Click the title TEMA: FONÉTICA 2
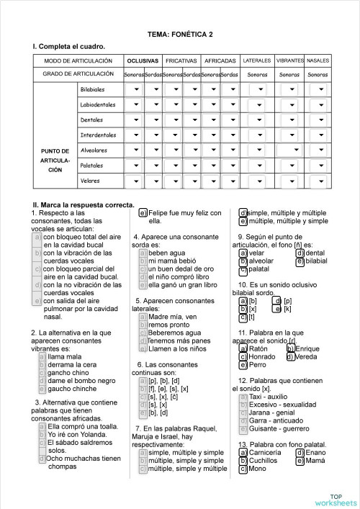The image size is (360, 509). [179, 34]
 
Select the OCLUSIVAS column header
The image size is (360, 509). [143, 60]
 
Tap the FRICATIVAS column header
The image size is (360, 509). [181, 60]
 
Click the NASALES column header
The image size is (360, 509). [318, 60]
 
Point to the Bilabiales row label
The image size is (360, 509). [93, 89]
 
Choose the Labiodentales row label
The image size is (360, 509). [98, 105]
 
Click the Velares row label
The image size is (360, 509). [90, 181]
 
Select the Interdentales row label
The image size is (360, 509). [98, 135]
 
